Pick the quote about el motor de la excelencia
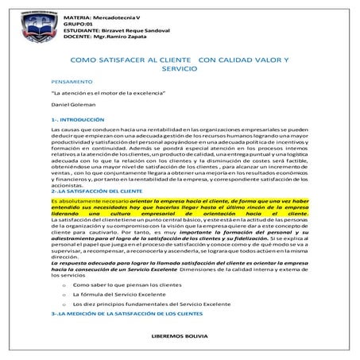pyautogui.click(x=101, y=94)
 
